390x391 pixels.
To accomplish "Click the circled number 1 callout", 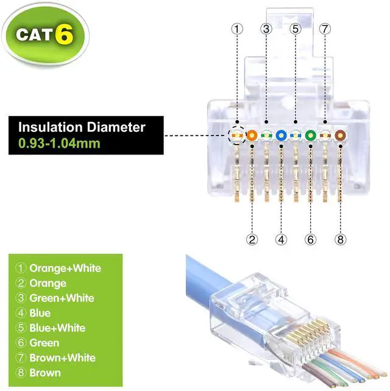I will click(x=237, y=29).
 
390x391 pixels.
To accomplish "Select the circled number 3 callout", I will click(x=266, y=29).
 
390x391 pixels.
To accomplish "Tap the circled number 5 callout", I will click(x=296, y=29).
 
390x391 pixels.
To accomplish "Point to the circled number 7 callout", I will click(x=325, y=29).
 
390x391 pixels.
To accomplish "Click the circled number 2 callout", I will click(x=251, y=239).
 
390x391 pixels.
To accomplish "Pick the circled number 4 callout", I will click(x=281, y=239).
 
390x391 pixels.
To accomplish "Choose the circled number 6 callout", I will click(x=310, y=239).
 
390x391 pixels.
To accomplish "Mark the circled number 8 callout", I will click(x=339, y=239).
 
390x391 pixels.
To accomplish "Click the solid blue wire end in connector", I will click(x=281, y=135).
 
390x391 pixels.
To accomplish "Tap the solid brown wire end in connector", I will click(x=339, y=135).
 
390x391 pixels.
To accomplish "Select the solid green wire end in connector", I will click(x=310, y=135).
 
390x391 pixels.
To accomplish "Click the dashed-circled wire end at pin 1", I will click(x=237, y=135).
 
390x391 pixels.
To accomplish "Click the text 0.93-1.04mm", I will click(x=58, y=144).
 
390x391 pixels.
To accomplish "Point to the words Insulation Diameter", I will click(x=82, y=127).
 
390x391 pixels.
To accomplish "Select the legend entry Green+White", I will click(x=62, y=298).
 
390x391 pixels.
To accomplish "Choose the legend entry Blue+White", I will click(x=57, y=328).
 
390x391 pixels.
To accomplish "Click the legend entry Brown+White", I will click(x=62, y=357).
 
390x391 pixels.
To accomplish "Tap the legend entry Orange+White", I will click(x=65, y=268).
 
